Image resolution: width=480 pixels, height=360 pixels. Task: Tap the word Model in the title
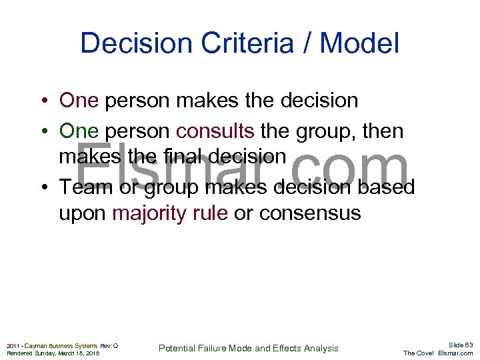tap(359, 44)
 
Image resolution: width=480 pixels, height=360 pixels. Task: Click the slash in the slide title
tap(307, 44)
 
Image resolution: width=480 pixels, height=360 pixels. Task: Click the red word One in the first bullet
tap(79, 101)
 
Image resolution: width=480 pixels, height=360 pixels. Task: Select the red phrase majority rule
tap(170, 214)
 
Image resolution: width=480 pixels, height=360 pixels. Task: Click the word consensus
tap(309, 214)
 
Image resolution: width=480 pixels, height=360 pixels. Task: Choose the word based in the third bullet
tap(387, 187)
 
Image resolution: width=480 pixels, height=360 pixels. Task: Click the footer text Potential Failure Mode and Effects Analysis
tap(248, 348)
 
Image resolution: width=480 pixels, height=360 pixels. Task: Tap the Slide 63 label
tap(460, 345)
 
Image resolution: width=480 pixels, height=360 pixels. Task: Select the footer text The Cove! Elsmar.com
tap(438, 353)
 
